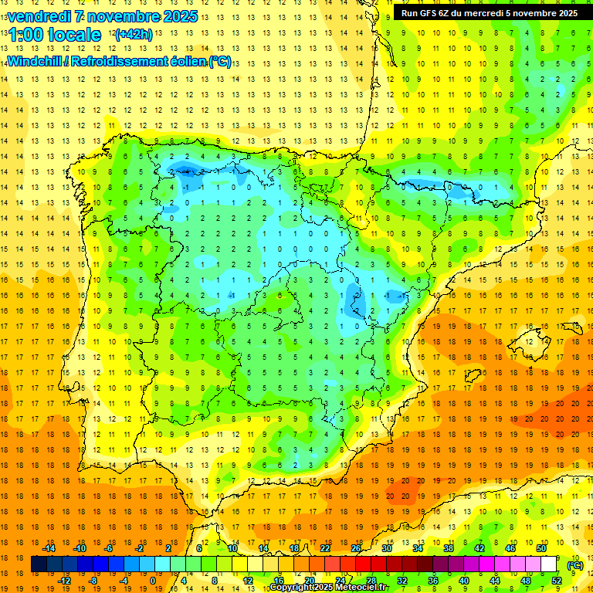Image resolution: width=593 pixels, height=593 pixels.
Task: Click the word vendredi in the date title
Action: [39, 16]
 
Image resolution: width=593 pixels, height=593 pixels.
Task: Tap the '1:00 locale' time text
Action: [54, 35]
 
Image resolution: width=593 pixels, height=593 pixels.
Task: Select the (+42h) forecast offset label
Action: [133, 35]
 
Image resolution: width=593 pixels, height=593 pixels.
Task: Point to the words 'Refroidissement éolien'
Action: [151, 61]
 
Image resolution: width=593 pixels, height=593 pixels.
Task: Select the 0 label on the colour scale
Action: [152, 581]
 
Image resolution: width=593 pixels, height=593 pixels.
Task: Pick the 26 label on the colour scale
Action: [356, 548]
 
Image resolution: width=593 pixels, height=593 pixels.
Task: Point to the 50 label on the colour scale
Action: [540, 548]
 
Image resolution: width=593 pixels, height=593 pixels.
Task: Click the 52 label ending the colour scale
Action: [556, 581]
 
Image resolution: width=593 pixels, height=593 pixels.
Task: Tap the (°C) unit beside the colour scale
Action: [574, 565]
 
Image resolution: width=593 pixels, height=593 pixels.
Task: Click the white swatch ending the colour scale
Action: [548, 564]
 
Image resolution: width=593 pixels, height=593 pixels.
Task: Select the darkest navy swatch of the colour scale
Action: [39, 564]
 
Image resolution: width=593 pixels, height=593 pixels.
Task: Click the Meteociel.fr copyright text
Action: [329, 588]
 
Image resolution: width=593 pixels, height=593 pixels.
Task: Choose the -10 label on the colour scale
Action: [79, 548]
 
